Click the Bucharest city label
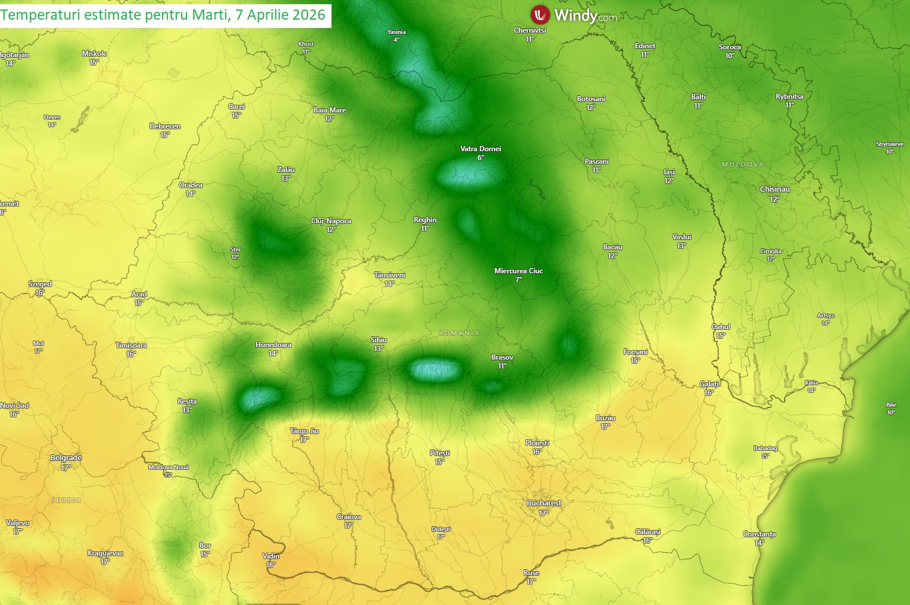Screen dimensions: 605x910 [544, 503]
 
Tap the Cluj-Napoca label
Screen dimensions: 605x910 [331, 221]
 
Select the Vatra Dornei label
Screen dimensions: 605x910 [480, 149]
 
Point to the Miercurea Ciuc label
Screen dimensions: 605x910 [518, 271]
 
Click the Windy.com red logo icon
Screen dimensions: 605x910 [540, 14]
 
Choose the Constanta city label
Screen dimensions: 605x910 [759, 534]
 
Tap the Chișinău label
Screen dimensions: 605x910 [774, 189]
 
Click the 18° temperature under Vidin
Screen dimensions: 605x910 [271, 565]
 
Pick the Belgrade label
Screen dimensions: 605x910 [66, 458]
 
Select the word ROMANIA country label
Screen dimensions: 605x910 [459, 333]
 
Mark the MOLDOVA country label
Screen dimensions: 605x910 [743, 164]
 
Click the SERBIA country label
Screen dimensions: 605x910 [66, 500]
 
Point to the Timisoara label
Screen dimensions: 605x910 [131, 345]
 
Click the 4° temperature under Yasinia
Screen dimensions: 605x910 [396, 40]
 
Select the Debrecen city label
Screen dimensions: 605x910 [165, 126]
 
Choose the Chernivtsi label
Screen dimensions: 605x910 [530, 30]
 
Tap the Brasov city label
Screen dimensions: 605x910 [502, 357]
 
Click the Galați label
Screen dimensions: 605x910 [709, 384]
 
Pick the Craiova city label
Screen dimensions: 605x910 [349, 517]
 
